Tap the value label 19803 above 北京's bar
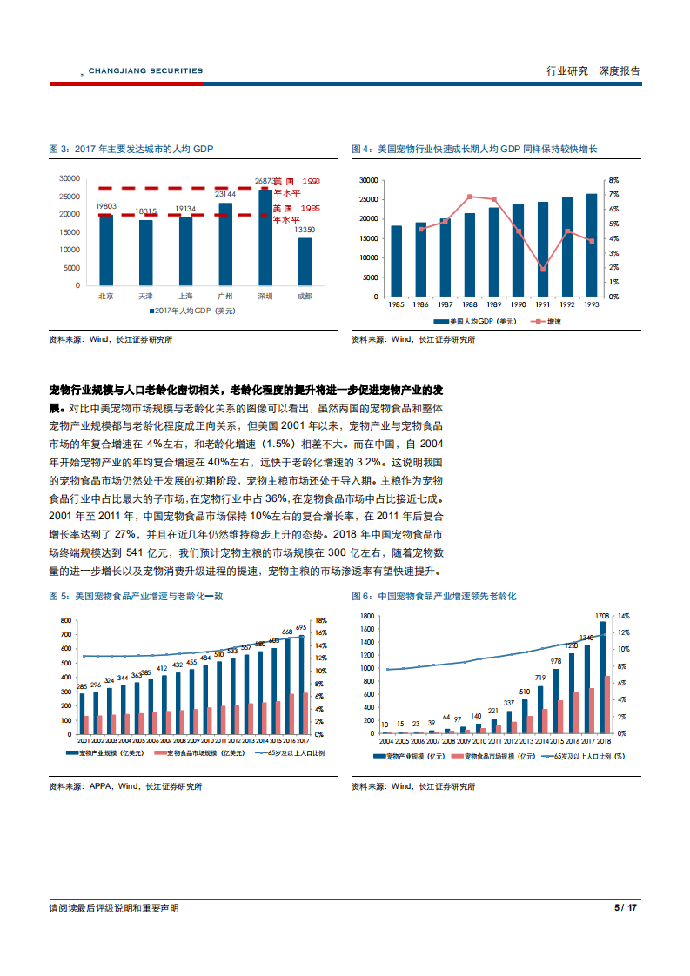click(107, 206)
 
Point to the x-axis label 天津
click(145, 296)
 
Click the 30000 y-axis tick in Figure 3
click(70, 178)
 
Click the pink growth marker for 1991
click(542, 269)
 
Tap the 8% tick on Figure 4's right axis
click(613, 179)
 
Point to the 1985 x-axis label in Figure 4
click(396, 304)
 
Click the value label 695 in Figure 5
click(301, 627)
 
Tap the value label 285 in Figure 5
click(82, 687)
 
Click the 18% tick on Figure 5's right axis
click(319, 620)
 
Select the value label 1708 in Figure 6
click(601, 616)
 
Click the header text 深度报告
click(619, 71)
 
